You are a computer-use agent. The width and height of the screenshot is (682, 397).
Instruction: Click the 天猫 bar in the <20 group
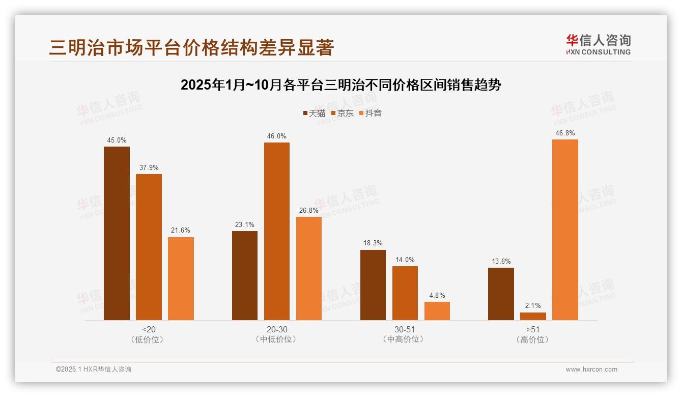(117, 233)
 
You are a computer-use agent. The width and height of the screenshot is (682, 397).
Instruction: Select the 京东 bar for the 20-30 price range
(276, 231)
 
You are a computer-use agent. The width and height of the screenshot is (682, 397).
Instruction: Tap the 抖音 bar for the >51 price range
(565, 230)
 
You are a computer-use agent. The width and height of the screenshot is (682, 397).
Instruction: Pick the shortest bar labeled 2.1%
(533, 316)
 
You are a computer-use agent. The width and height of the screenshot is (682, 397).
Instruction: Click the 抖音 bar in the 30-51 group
(437, 311)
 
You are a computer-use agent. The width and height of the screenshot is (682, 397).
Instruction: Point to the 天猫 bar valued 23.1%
(245, 275)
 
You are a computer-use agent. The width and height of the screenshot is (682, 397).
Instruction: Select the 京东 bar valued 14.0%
(405, 293)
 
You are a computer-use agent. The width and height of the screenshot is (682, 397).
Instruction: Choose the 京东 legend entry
(343, 113)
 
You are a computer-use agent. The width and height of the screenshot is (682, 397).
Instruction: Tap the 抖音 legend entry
(371, 113)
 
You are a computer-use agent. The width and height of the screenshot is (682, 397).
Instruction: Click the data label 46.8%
(565, 133)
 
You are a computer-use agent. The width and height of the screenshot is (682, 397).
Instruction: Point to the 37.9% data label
(149, 167)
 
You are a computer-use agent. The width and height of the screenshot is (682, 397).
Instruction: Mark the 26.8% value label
(309, 210)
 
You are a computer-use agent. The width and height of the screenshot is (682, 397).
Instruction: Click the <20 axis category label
(149, 329)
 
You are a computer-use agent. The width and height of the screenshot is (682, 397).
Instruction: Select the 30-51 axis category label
(405, 329)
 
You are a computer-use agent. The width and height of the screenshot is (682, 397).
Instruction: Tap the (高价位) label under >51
(533, 339)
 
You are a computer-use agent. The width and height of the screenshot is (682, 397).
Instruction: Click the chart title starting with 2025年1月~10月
(341, 85)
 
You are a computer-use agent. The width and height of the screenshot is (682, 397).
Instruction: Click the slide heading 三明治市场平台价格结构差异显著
(191, 47)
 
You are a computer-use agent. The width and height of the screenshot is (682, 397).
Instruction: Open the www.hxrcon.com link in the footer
(591, 370)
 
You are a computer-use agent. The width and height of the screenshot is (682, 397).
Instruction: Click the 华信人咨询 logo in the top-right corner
(598, 44)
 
